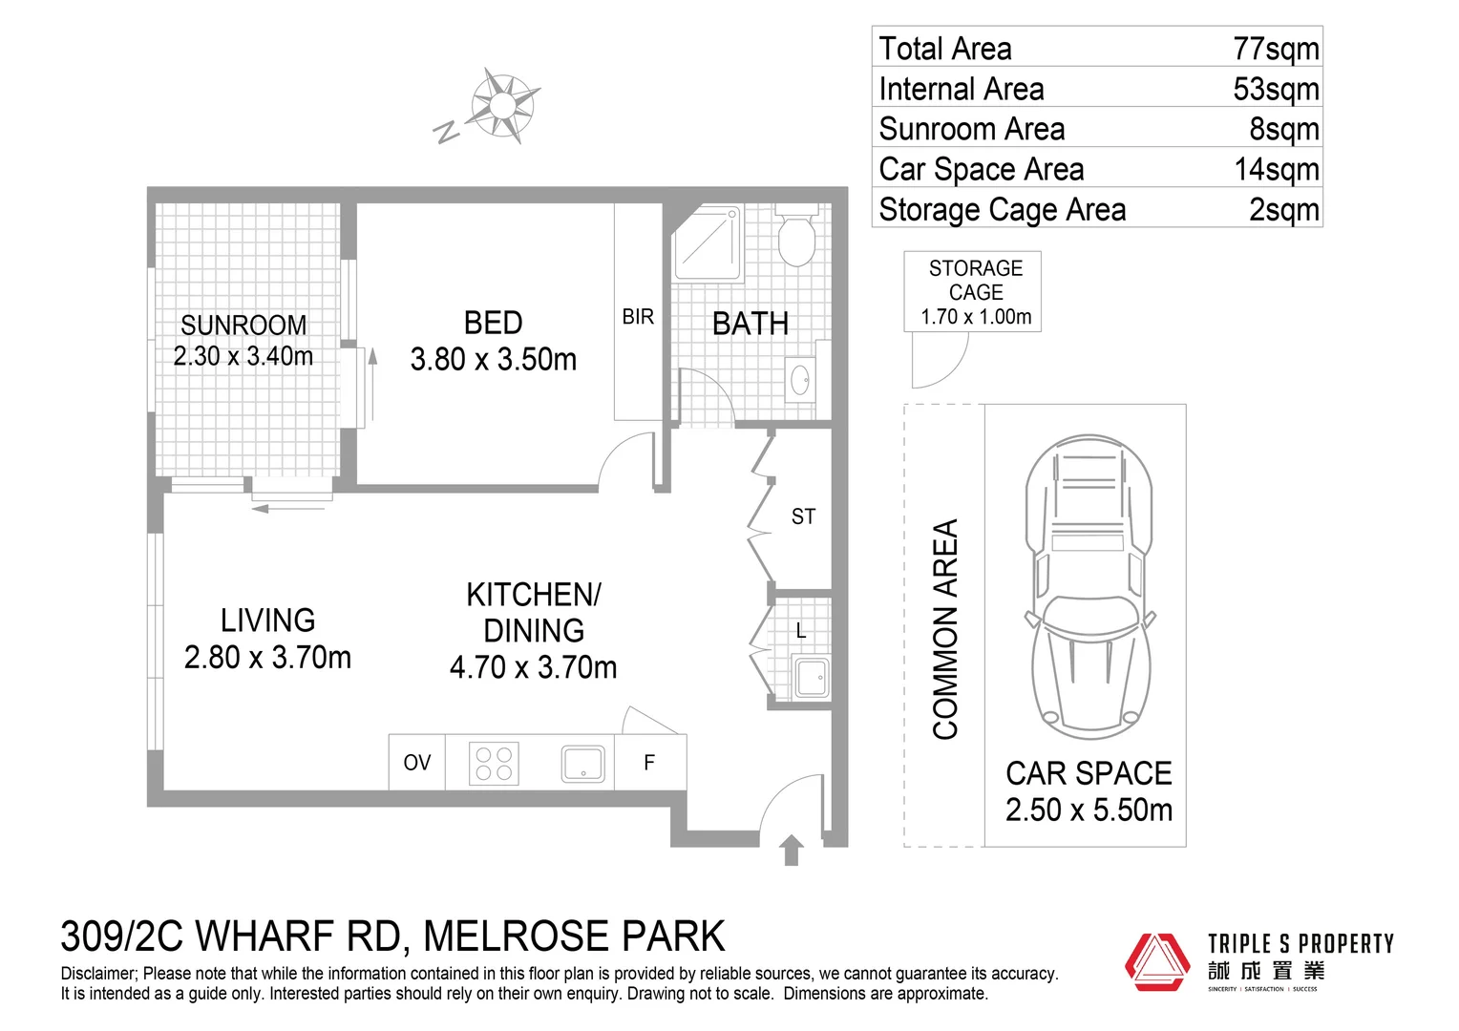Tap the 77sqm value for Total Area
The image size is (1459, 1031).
pos(1275,48)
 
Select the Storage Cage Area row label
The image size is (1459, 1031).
pos(1002,209)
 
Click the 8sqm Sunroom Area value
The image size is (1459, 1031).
pos(1283,129)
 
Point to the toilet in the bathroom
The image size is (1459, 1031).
pos(795,237)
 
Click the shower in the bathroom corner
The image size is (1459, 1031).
pos(708,244)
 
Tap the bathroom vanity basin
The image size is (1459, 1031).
pos(800,379)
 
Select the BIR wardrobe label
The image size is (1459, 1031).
pos(638,316)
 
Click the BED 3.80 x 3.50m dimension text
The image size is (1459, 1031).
pos(493,360)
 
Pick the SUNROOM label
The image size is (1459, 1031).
pos(243,325)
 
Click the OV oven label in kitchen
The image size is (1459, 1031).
pos(416,763)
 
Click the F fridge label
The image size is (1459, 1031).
pos(649,763)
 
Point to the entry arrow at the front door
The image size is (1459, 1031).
pos(791,850)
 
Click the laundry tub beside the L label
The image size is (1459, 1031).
pos(811,678)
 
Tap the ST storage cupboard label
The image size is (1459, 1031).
pos(803,516)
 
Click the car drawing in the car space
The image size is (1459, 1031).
pos(1088,587)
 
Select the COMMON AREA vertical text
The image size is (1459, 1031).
pos(944,629)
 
